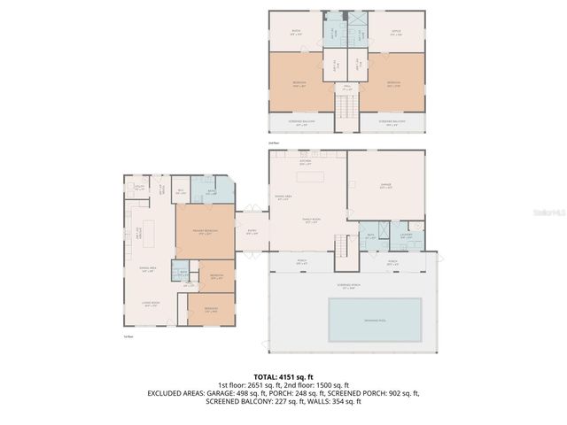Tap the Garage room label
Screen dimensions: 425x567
point(385,186)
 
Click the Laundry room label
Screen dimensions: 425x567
point(405,236)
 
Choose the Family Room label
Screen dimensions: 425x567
point(312,221)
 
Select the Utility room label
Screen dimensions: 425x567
point(140,187)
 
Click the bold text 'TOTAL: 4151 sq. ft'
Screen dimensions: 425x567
point(283,377)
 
